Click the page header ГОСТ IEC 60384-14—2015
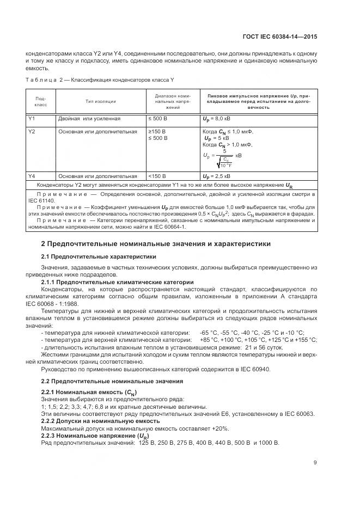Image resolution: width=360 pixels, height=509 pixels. [x=280, y=38]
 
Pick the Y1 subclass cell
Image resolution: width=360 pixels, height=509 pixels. [x=32, y=118]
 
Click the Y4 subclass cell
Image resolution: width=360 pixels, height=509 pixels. [x=32, y=176]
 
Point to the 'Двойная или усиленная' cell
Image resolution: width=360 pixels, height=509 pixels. [x=89, y=118]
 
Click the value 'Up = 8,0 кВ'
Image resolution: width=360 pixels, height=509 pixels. [x=217, y=118]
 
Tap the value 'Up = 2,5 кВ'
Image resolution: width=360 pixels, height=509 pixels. [x=217, y=176]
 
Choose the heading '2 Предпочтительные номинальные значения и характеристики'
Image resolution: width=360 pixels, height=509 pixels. [x=156, y=244]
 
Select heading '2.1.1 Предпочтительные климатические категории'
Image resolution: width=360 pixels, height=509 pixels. [x=118, y=282]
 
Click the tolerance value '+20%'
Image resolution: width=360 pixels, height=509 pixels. [x=219, y=428]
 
